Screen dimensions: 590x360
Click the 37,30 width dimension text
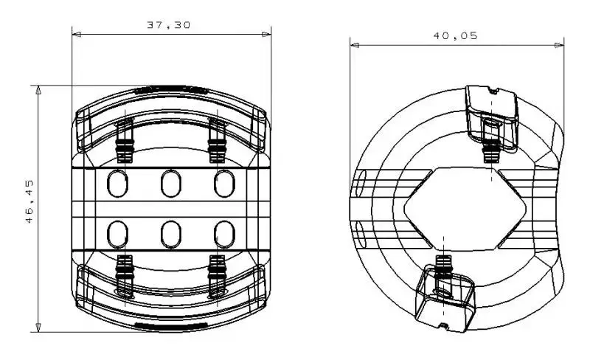click(x=169, y=25)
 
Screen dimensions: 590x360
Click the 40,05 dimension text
click(x=455, y=35)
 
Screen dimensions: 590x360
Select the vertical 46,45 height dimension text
click(x=29, y=201)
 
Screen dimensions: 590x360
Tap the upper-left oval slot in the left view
click(x=117, y=184)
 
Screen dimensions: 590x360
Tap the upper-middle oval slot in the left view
click(x=171, y=184)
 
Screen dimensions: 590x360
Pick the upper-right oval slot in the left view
click(x=225, y=184)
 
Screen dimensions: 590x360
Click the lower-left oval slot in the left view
click(x=117, y=235)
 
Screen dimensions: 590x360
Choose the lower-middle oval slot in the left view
click(x=171, y=235)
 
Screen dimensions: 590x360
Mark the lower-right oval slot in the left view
click(x=225, y=235)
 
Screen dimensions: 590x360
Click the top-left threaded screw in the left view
click(x=125, y=140)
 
